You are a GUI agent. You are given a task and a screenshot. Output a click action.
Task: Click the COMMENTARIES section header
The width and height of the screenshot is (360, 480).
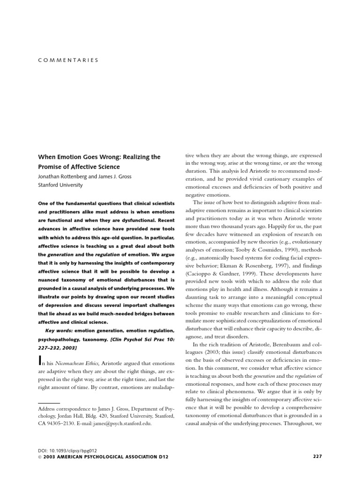tap(68, 60)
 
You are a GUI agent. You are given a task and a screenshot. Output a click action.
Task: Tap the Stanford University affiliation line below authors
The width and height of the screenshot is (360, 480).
tap(60, 185)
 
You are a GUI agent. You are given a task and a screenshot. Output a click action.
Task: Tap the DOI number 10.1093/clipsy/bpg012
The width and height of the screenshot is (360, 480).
tap(72, 450)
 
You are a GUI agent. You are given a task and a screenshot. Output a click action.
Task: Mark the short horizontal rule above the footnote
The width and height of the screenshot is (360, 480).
tap(49, 403)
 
